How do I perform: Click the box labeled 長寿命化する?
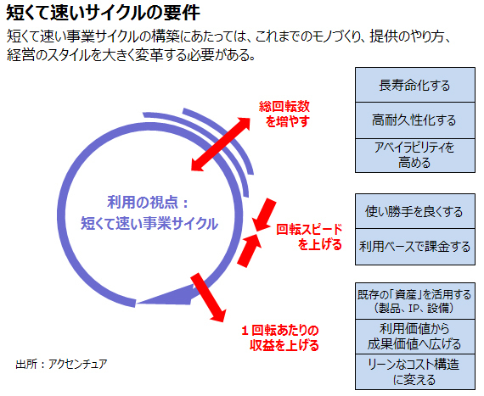point(415,85)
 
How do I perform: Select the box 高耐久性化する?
point(415,120)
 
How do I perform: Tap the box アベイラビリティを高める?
point(415,155)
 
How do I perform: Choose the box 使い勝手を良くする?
point(415,211)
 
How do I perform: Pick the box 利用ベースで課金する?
point(415,247)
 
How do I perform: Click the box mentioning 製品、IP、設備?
point(415,301)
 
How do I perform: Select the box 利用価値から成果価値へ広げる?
point(415,337)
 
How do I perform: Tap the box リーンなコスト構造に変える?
point(415,372)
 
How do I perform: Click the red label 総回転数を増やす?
point(284,114)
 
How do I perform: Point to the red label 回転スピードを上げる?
point(309,237)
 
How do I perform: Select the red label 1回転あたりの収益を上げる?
point(280,337)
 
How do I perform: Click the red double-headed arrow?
point(221,144)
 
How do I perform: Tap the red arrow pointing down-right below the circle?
point(208,298)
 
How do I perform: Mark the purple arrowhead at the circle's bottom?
point(166,297)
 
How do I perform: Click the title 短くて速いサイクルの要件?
point(103,13)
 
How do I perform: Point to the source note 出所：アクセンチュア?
point(61,364)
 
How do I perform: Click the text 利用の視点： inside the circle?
point(148,203)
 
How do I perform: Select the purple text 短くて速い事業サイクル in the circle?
point(149,223)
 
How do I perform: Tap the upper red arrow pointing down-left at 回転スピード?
point(265,215)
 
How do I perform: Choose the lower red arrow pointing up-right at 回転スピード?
point(250,250)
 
